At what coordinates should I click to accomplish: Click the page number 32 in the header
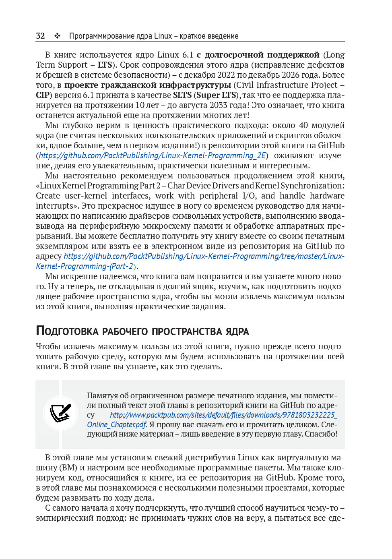click(40, 36)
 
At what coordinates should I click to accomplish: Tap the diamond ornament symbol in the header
click(57, 36)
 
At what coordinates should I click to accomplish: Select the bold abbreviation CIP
click(42, 95)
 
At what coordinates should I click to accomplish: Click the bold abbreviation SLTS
click(182, 95)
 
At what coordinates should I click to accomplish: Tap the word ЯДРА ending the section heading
click(237, 331)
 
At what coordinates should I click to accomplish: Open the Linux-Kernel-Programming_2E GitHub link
click(152, 155)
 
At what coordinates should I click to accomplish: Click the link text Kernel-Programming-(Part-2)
click(85, 266)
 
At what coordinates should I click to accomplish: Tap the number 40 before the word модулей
click(303, 125)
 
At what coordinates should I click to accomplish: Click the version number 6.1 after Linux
click(188, 55)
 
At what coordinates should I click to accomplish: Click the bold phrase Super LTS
click(216, 95)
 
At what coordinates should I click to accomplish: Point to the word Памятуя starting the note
click(101, 395)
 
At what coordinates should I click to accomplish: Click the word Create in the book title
click(48, 196)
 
